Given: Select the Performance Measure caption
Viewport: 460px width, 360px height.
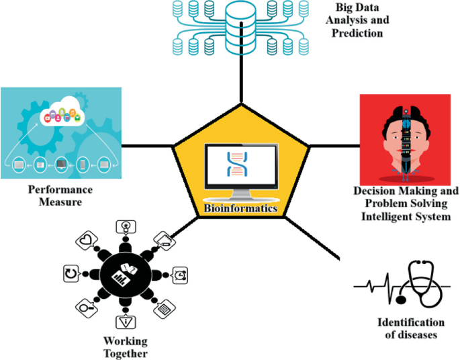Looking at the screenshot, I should pos(60,195).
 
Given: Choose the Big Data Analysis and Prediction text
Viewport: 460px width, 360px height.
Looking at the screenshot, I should pos(363,21).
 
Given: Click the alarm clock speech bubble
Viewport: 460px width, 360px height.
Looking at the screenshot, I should pos(180,274).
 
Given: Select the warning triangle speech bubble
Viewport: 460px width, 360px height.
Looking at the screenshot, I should pos(126,320).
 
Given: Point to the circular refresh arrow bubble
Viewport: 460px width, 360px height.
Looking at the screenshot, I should pos(71,273).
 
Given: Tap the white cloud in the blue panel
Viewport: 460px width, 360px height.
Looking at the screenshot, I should pos(61,115).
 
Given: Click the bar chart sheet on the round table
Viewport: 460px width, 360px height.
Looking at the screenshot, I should pos(122,274).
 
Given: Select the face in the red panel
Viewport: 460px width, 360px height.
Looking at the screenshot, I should pos(405,137).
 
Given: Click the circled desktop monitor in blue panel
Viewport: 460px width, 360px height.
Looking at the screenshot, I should pos(61,163).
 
